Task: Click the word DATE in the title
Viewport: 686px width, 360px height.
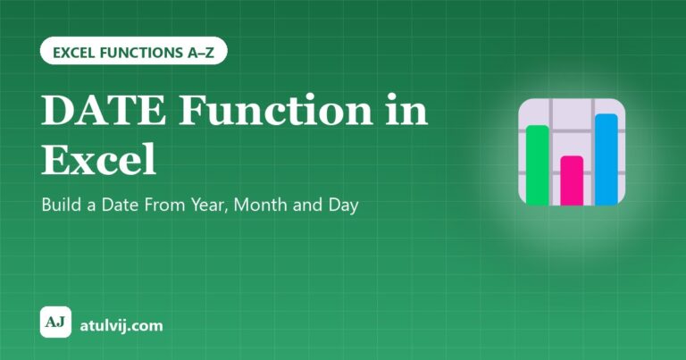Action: tap(104, 110)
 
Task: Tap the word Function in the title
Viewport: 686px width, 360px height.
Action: tap(276, 110)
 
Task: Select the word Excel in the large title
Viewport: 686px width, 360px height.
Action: tap(98, 158)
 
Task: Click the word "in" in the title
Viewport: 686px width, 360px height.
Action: tap(406, 109)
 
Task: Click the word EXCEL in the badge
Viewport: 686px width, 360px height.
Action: tap(74, 53)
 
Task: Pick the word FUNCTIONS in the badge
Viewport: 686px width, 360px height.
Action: tap(141, 53)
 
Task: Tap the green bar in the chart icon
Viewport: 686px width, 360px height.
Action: tap(538, 165)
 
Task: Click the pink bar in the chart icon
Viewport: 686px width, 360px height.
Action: tap(572, 180)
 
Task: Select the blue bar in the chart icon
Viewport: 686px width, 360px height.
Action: tap(607, 159)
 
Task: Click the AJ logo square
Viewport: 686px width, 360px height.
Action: tap(55, 322)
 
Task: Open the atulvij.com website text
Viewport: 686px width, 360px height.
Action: tap(121, 325)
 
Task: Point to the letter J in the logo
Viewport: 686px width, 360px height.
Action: tap(62, 322)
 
